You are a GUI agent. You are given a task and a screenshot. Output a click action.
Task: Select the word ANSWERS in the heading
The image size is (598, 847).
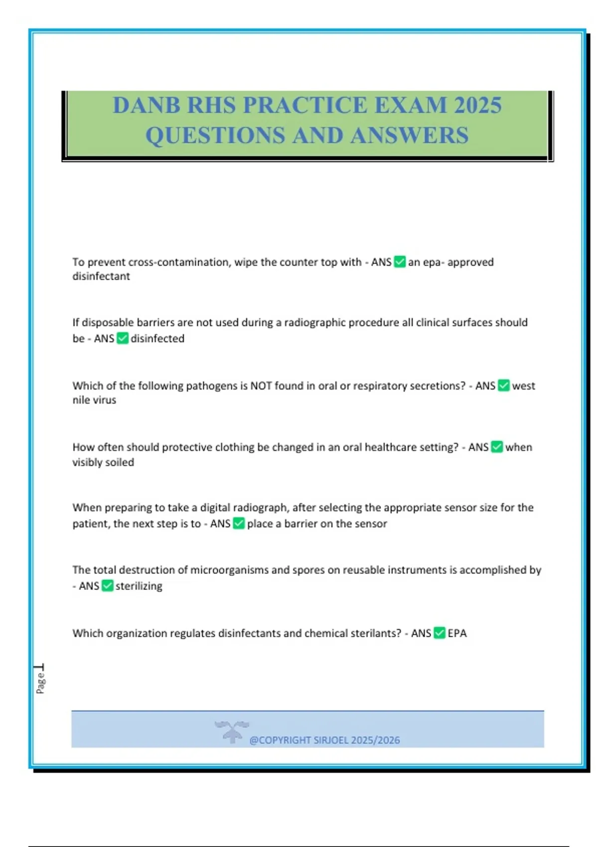click(x=410, y=136)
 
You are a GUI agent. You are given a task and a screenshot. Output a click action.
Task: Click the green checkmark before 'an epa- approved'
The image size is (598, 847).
click(x=400, y=262)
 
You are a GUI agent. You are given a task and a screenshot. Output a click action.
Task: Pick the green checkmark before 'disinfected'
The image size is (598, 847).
click(x=123, y=338)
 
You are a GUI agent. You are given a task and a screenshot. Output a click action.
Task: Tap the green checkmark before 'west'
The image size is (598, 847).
click(x=504, y=385)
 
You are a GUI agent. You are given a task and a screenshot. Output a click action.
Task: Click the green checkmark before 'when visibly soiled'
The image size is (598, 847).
click(x=497, y=447)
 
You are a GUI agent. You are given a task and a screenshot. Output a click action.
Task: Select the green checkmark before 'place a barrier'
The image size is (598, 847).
click(x=239, y=523)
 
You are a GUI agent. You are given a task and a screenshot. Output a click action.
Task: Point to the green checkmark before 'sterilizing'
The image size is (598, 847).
click(x=107, y=585)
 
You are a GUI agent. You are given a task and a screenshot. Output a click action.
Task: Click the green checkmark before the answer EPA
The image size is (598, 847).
click(x=439, y=633)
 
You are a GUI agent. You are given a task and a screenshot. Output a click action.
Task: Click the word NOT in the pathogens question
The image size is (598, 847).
click(x=261, y=386)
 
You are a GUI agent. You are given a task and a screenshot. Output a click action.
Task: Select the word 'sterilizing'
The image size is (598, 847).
click(x=139, y=586)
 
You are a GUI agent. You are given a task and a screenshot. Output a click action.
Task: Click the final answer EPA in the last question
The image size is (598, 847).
click(x=457, y=633)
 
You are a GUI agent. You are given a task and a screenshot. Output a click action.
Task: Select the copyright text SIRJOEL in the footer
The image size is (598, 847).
click(x=331, y=740)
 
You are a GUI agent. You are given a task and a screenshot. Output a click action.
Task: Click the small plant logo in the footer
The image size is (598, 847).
click(x=232, y=731)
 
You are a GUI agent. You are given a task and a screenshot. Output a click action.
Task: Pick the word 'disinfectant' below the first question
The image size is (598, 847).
click(x=101, y=277)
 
